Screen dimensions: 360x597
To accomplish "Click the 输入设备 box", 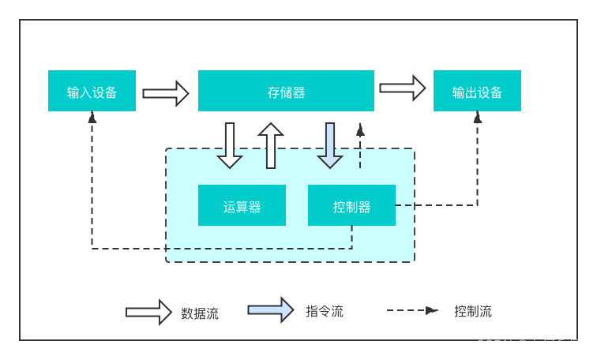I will (x=92, y=91).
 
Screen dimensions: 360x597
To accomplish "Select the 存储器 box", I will (x=286, y=91).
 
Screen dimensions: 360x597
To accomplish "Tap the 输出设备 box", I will (x=477, y=91).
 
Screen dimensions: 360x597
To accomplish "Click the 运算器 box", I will (x=242, y=205).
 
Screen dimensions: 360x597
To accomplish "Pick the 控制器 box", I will (x=351, y=205).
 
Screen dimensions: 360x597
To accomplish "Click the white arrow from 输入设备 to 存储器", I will (x=166, y=93).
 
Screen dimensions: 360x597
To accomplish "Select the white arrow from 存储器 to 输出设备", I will (x=403, y=88).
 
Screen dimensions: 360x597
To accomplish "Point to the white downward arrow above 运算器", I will (x=230, y=145).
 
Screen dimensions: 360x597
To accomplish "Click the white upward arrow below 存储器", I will (x=271, y=145).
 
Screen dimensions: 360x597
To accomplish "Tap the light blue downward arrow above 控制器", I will (x=330, y=145).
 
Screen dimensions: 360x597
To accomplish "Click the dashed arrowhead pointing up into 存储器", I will (x=360, y=130).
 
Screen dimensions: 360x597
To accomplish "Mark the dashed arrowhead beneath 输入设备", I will (x=92, y=118).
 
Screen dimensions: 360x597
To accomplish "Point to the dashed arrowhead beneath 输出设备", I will (x=478, y=118).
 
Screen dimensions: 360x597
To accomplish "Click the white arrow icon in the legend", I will (x=148, y=312).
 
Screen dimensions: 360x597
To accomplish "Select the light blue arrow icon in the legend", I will (x=271, y=309).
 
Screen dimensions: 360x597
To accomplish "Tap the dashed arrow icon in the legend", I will (x=413, y=310).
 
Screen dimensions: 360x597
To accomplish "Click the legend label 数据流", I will (x=200, y=313).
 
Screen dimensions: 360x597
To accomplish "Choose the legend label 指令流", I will (x=325, y=311).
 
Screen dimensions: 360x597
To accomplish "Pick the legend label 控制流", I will (x=473, y=311).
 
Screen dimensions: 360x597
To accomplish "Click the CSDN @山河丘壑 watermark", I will (x=530, y=345).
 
